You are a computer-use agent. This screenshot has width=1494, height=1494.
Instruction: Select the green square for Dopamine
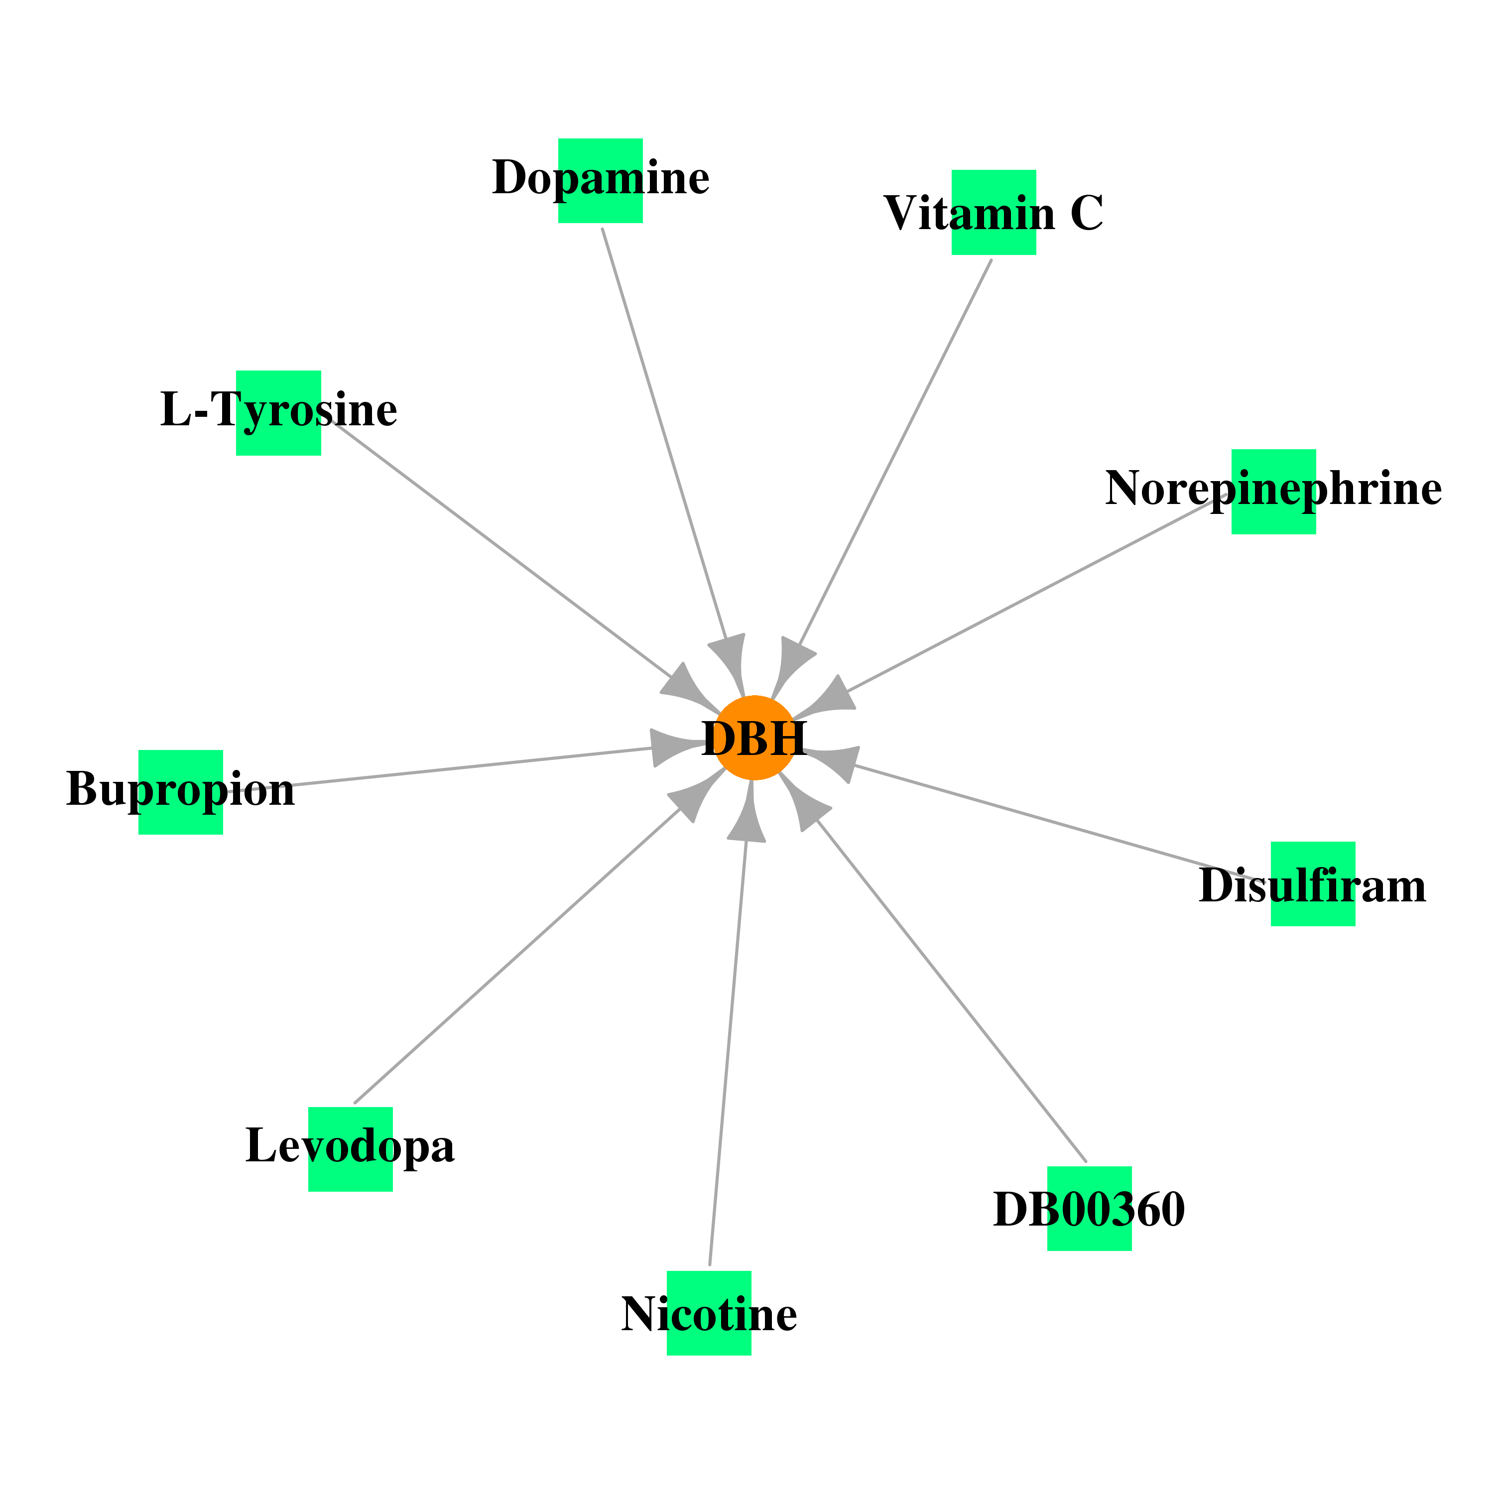(x=600, y=181)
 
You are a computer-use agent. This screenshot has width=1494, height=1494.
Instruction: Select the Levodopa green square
(x=350, y=1149)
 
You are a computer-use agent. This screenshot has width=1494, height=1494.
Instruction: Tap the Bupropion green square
(x=180, y=792)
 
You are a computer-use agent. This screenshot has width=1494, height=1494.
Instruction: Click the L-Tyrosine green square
(x=278, y=413)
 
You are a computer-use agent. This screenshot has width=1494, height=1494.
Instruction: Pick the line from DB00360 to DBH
(x=951, y=991)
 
